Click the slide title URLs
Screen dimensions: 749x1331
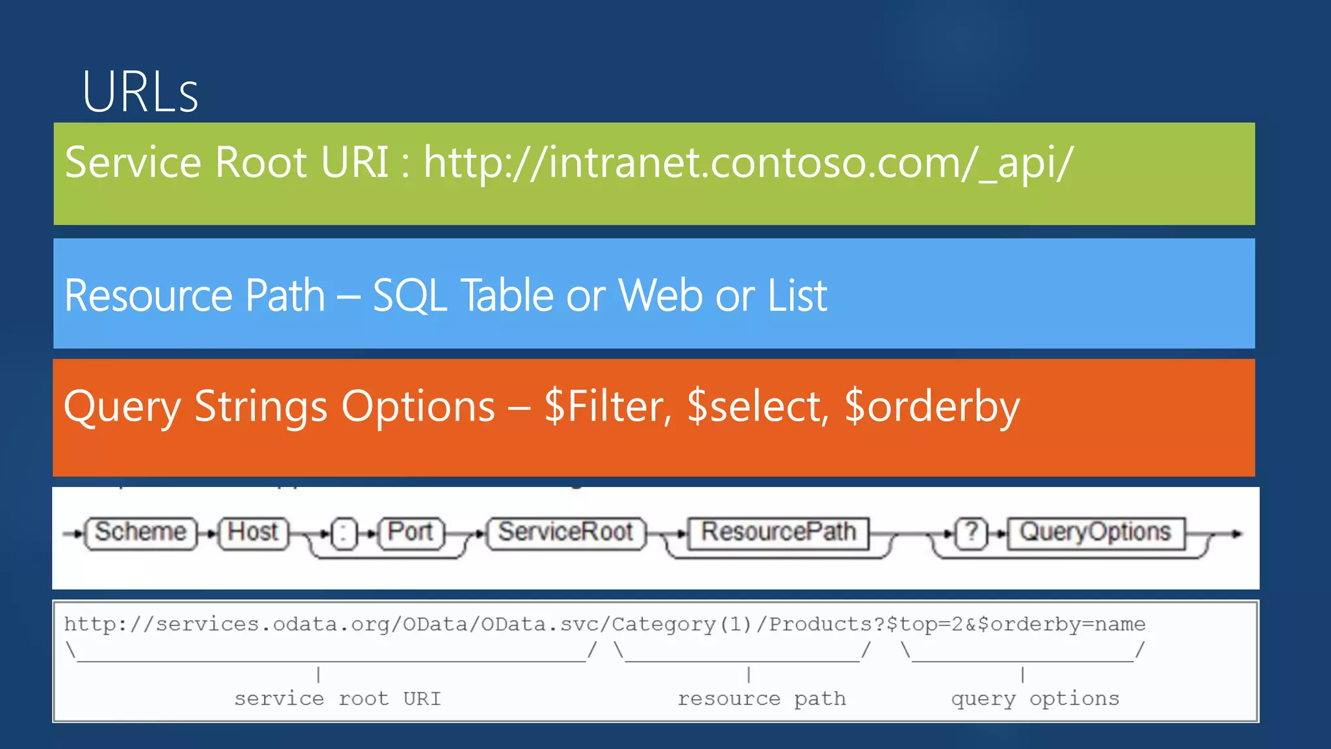pyautogui.click(x=140, y=92)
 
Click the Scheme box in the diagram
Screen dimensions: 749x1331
pyautogui.click(x=140, y=532)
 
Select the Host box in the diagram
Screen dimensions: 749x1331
pyautogui.click(x=253, y=532)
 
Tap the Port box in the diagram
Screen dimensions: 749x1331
pyautogui.click(x=411, y=532)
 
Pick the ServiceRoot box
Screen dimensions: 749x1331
pyautogui.click(x=565, y=532)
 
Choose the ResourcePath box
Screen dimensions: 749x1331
pyautogui.click(x=778, y=532)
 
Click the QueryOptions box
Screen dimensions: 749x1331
pyautogui.click(x=1095, y=532)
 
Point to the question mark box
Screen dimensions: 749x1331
pyautogui.click(x=972, y=532)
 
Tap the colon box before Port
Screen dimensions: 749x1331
pyautogui.click(x=344, y=534)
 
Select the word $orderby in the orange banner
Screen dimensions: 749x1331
pyautogui.click(x=932, y=407)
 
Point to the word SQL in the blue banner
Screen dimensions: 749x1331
pyautogui.click(x=410, y=296)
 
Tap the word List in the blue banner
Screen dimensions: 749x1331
pyautogui.click(x=797, y=296)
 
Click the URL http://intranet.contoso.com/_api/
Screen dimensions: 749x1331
pyautogui.click(x=748, y=162)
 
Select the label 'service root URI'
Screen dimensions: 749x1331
pyautogui.click(x=337, y=699)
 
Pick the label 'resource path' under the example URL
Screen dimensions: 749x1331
pyautogui.click(x=762, y=699)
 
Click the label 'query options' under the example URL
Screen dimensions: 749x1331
pyautogui.click(x=1035, y=699)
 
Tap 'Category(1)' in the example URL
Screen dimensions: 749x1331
pyautogui.click(x=682, y=625)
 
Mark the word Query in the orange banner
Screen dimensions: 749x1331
pyautogui.click(x=122, y=407)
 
